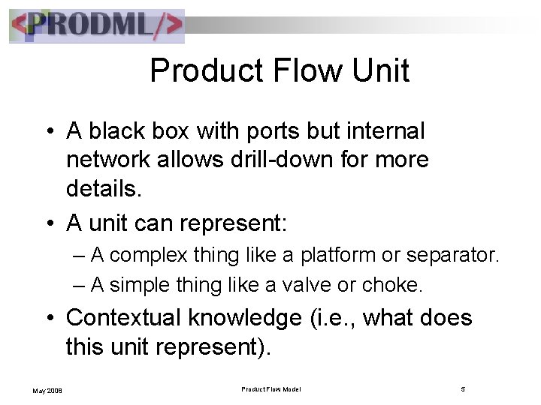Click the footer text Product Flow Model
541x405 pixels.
(272, 388)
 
